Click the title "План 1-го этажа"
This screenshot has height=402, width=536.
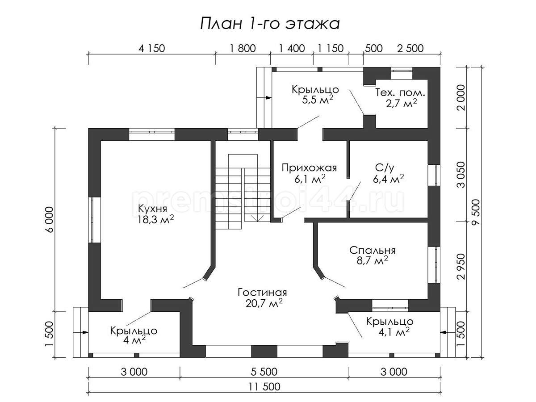pos(270,24)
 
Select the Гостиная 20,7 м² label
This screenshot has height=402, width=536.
pos(263,297)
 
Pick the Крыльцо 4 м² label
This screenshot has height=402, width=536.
pos(134,335)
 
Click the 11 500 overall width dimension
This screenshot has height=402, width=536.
pos(264,387)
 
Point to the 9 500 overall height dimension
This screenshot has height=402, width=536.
pos(476,212)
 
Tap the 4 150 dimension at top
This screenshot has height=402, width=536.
pos(151,48)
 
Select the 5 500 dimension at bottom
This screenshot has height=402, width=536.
pos(264,372)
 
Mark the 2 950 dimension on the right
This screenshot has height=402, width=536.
pos(461,267)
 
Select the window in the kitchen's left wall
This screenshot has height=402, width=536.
pos(95,220)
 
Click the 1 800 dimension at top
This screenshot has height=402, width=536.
pos(243,48)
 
